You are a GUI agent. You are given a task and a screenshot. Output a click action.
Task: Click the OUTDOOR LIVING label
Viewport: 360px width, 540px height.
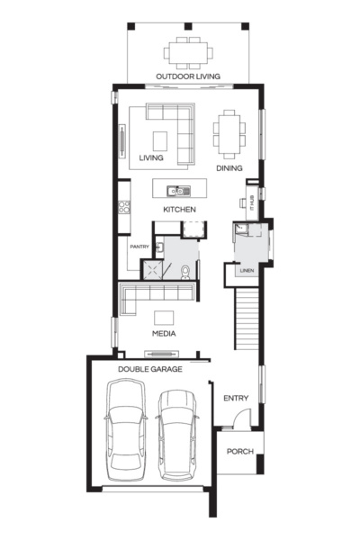click(188, 77)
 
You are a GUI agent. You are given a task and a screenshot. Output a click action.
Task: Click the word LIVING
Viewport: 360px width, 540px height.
click(151, 158)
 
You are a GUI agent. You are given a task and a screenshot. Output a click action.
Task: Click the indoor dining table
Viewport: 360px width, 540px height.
click(228, 133)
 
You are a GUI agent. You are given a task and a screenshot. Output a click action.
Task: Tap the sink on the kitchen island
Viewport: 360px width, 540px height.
click(178, 190)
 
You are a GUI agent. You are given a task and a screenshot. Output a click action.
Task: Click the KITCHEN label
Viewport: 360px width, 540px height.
click(179, 210)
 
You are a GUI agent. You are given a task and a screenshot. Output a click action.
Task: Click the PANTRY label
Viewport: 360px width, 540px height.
click(139, 247)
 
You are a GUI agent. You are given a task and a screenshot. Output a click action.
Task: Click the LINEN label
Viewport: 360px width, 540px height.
click(246, 271)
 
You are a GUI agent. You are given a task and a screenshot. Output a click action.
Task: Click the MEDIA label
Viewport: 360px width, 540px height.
click(163, 333)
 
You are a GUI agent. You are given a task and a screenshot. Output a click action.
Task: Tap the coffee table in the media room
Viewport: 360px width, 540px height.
click(164, 317)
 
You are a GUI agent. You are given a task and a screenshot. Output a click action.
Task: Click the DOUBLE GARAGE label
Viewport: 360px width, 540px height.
click(149, 369)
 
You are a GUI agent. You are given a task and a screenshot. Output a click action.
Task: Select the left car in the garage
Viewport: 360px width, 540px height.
click(125, 430)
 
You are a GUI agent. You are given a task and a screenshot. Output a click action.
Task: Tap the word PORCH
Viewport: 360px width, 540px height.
click(238, 452)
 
